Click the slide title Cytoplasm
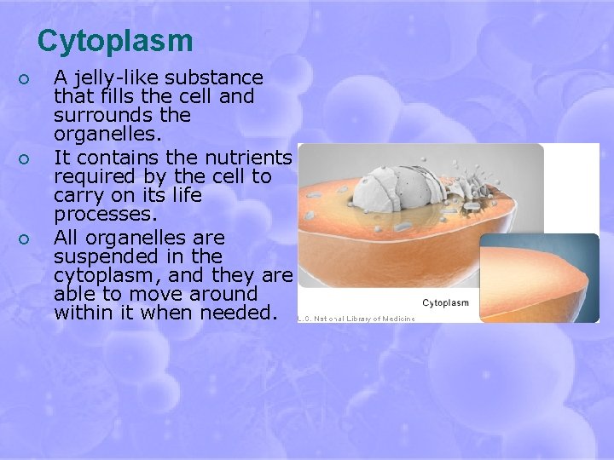click(x=115, y=41)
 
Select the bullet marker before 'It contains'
click(x=25, y=158)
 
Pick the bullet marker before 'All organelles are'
click(x=25, y=238)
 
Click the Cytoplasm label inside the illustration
click(x=445, y=302)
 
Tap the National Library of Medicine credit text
click(x=356, y=319)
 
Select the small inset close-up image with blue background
click(x=539, y=278)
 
